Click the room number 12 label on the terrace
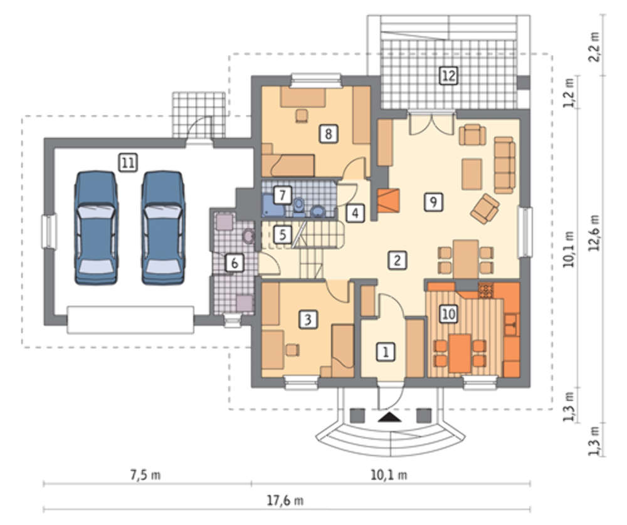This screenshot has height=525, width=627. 448,76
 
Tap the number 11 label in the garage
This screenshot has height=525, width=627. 128,163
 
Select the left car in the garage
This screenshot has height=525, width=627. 96,228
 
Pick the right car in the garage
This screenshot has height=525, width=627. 163,228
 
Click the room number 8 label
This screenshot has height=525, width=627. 329,133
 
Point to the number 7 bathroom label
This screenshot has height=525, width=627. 282,195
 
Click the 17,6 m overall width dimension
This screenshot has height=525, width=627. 285,501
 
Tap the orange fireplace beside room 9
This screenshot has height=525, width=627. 387,200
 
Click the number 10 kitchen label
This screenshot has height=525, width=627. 448,314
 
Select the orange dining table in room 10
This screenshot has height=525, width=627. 460,353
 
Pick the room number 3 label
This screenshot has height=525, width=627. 307,320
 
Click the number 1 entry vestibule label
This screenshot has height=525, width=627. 386,352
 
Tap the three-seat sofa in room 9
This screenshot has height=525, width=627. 504,165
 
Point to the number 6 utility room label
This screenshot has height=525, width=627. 234,263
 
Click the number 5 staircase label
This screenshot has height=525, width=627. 282,234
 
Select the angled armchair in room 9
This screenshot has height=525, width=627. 485,208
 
